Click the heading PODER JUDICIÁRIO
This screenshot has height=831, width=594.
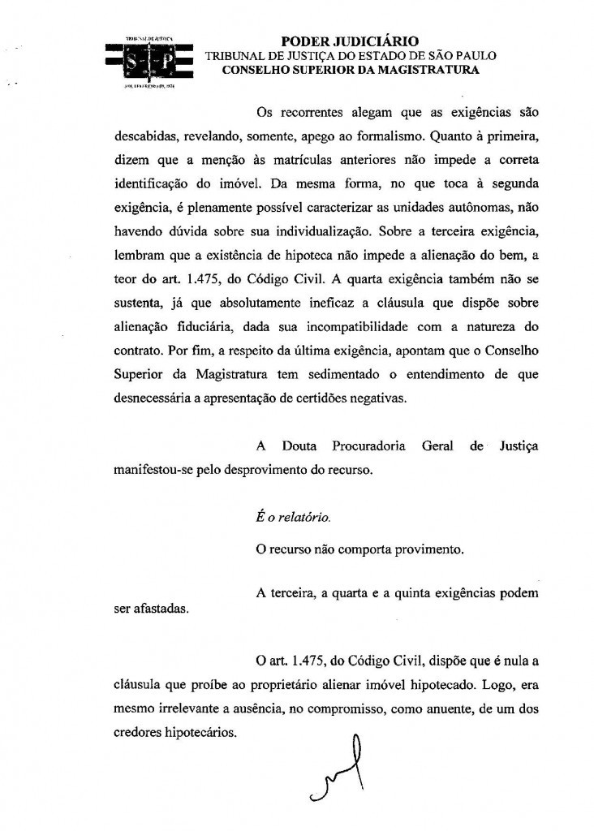pos(350,41)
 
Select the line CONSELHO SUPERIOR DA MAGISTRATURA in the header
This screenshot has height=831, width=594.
pos(350,71)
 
